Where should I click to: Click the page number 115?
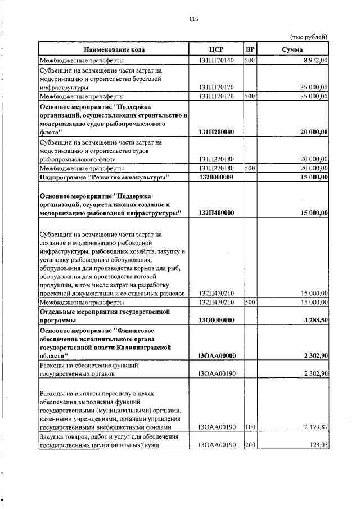(x=193, y=19)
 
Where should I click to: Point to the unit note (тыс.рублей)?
(x=309, y=37)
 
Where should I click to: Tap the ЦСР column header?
(x=216, y=49)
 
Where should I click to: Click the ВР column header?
(x=250, y=49)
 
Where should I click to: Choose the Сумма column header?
(x=292, y=49)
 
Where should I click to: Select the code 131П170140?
(x=216, y=60)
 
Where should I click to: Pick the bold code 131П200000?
(x=216, y=132)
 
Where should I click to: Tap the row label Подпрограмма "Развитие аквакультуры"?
(x=104, y=177)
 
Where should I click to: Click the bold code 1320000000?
(x=216, y=177)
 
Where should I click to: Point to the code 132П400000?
(x=216, y=213)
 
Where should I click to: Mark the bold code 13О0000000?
(x=216, y=320)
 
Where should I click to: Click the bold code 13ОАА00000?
(x=216, y=355)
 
